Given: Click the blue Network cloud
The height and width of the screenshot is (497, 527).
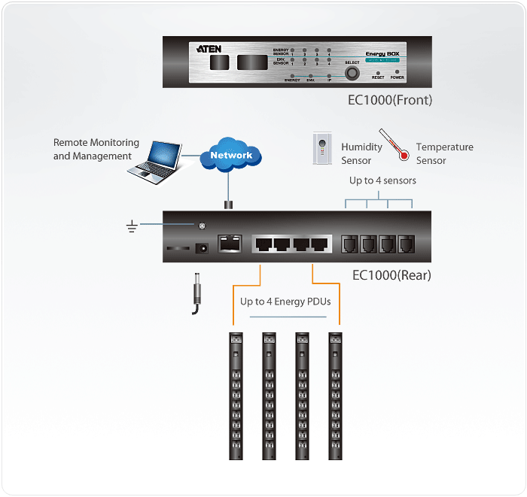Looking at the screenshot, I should (231, 156).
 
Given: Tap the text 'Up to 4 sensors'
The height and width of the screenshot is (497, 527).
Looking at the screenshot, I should (382, 180).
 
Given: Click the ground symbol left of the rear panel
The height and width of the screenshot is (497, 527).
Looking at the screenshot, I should (131, 226).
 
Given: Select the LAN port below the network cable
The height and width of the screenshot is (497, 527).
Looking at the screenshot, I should (229, 244).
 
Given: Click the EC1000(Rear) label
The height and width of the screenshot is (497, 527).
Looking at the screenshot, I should (391, 275).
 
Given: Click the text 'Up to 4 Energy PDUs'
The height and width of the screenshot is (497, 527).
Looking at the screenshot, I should (285, 302).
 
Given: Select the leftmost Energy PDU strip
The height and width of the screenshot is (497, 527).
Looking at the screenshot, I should (236, 395).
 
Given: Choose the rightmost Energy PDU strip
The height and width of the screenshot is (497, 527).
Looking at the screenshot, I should (335, 395).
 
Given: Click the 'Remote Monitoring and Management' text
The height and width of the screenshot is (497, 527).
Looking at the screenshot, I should (96, 149).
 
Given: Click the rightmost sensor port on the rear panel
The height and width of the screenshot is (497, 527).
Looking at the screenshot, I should (407, 244).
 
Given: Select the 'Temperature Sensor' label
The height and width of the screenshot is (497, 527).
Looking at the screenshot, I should (444, 153).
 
